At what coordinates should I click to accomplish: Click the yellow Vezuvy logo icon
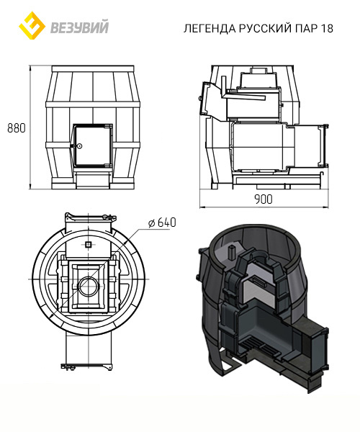point(32,25)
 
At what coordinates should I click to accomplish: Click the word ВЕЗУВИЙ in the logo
point(80,27)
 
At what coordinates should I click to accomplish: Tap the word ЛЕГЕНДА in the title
point(210,28)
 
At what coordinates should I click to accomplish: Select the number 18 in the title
point(327,28)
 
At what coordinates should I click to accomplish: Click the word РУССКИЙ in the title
point(265,28)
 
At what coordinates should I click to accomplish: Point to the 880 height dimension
point(17,128)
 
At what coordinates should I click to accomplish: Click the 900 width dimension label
point(264,199)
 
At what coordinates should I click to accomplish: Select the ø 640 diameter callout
point(162,222)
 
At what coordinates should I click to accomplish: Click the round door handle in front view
point(79,145)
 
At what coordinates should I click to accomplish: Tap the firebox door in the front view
point(93,145)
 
